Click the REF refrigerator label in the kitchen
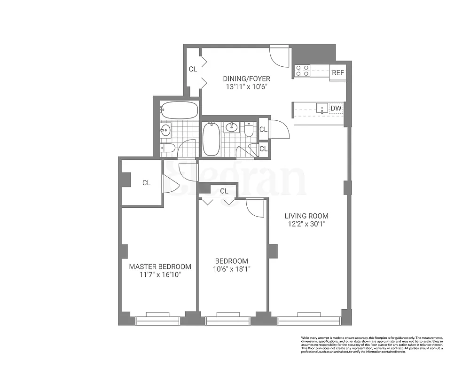[337, 73]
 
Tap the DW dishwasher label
[336, 109]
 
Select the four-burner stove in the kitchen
[303, 70]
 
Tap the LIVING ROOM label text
[306, 216]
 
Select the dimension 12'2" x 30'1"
[306, 224]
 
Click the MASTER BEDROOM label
[160, 266]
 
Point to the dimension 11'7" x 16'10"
[160, 274]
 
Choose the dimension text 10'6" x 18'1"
[232, 269]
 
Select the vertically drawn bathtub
[211, 139]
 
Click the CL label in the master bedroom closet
[146, 183]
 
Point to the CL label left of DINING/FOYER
[193, 69]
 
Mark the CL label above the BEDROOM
[224, 191]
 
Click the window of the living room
[309, 321]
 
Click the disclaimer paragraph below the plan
[371, 345]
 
